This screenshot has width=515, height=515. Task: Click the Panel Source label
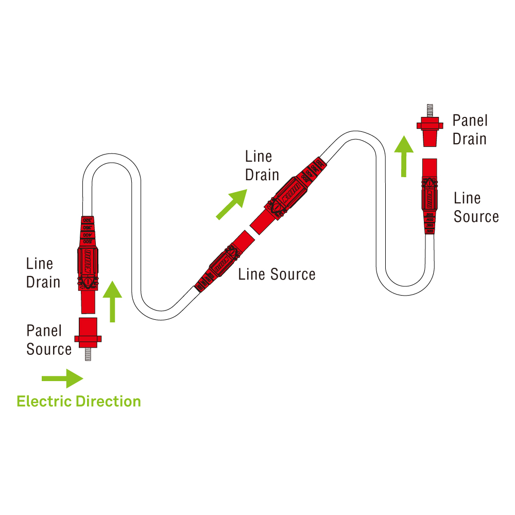coord(49,340)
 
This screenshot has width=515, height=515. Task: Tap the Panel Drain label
coord(470,130)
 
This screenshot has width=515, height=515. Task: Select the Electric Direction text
coord(79,401)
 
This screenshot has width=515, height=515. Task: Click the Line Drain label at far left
coord(43,273)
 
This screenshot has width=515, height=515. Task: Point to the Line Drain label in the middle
coord(262,166)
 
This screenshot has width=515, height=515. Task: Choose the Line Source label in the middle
coord(277,274)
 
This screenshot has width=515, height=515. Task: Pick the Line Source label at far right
coord(476,208)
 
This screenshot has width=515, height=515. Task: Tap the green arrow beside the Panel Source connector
coord(112,301)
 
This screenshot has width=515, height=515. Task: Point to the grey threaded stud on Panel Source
coord(88,353)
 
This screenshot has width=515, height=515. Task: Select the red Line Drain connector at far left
coord(88,263)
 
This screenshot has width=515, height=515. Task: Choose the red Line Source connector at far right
coord(430,196)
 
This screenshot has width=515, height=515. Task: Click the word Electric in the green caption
coord(44,401)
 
